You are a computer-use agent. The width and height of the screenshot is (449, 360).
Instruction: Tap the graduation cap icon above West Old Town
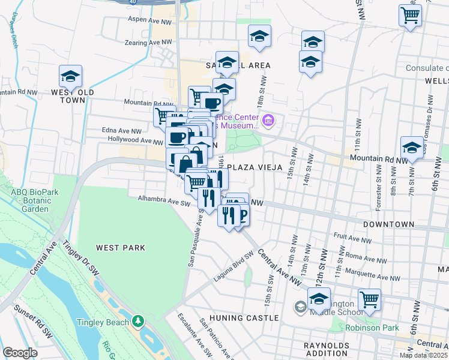[70, 76]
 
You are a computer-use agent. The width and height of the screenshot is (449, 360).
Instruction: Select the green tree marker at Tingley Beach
[139, 322]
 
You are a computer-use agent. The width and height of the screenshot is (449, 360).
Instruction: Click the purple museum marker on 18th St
[268, 121]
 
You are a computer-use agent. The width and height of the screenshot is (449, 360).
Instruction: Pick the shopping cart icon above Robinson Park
[369, 299]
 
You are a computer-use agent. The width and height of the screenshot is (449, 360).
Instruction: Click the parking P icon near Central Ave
[241, 214]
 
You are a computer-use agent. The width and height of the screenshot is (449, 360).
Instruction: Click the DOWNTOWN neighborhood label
[388, 224]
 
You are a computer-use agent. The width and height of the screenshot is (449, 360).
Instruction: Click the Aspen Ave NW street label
[149, 20]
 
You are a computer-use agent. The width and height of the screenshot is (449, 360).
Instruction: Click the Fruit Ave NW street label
[351, 238]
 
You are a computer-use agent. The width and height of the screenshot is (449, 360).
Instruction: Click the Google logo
[20, 353]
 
